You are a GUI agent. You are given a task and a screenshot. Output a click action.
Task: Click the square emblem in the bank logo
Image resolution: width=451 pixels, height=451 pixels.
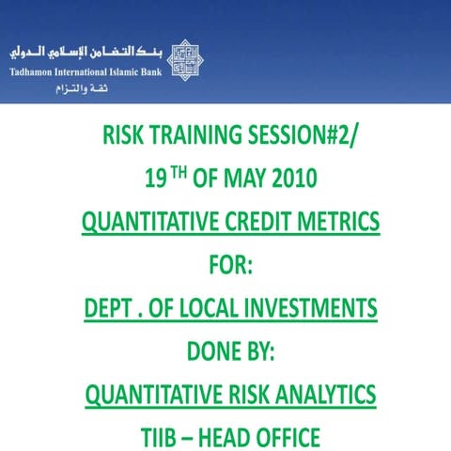click(x=189, y=60)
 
